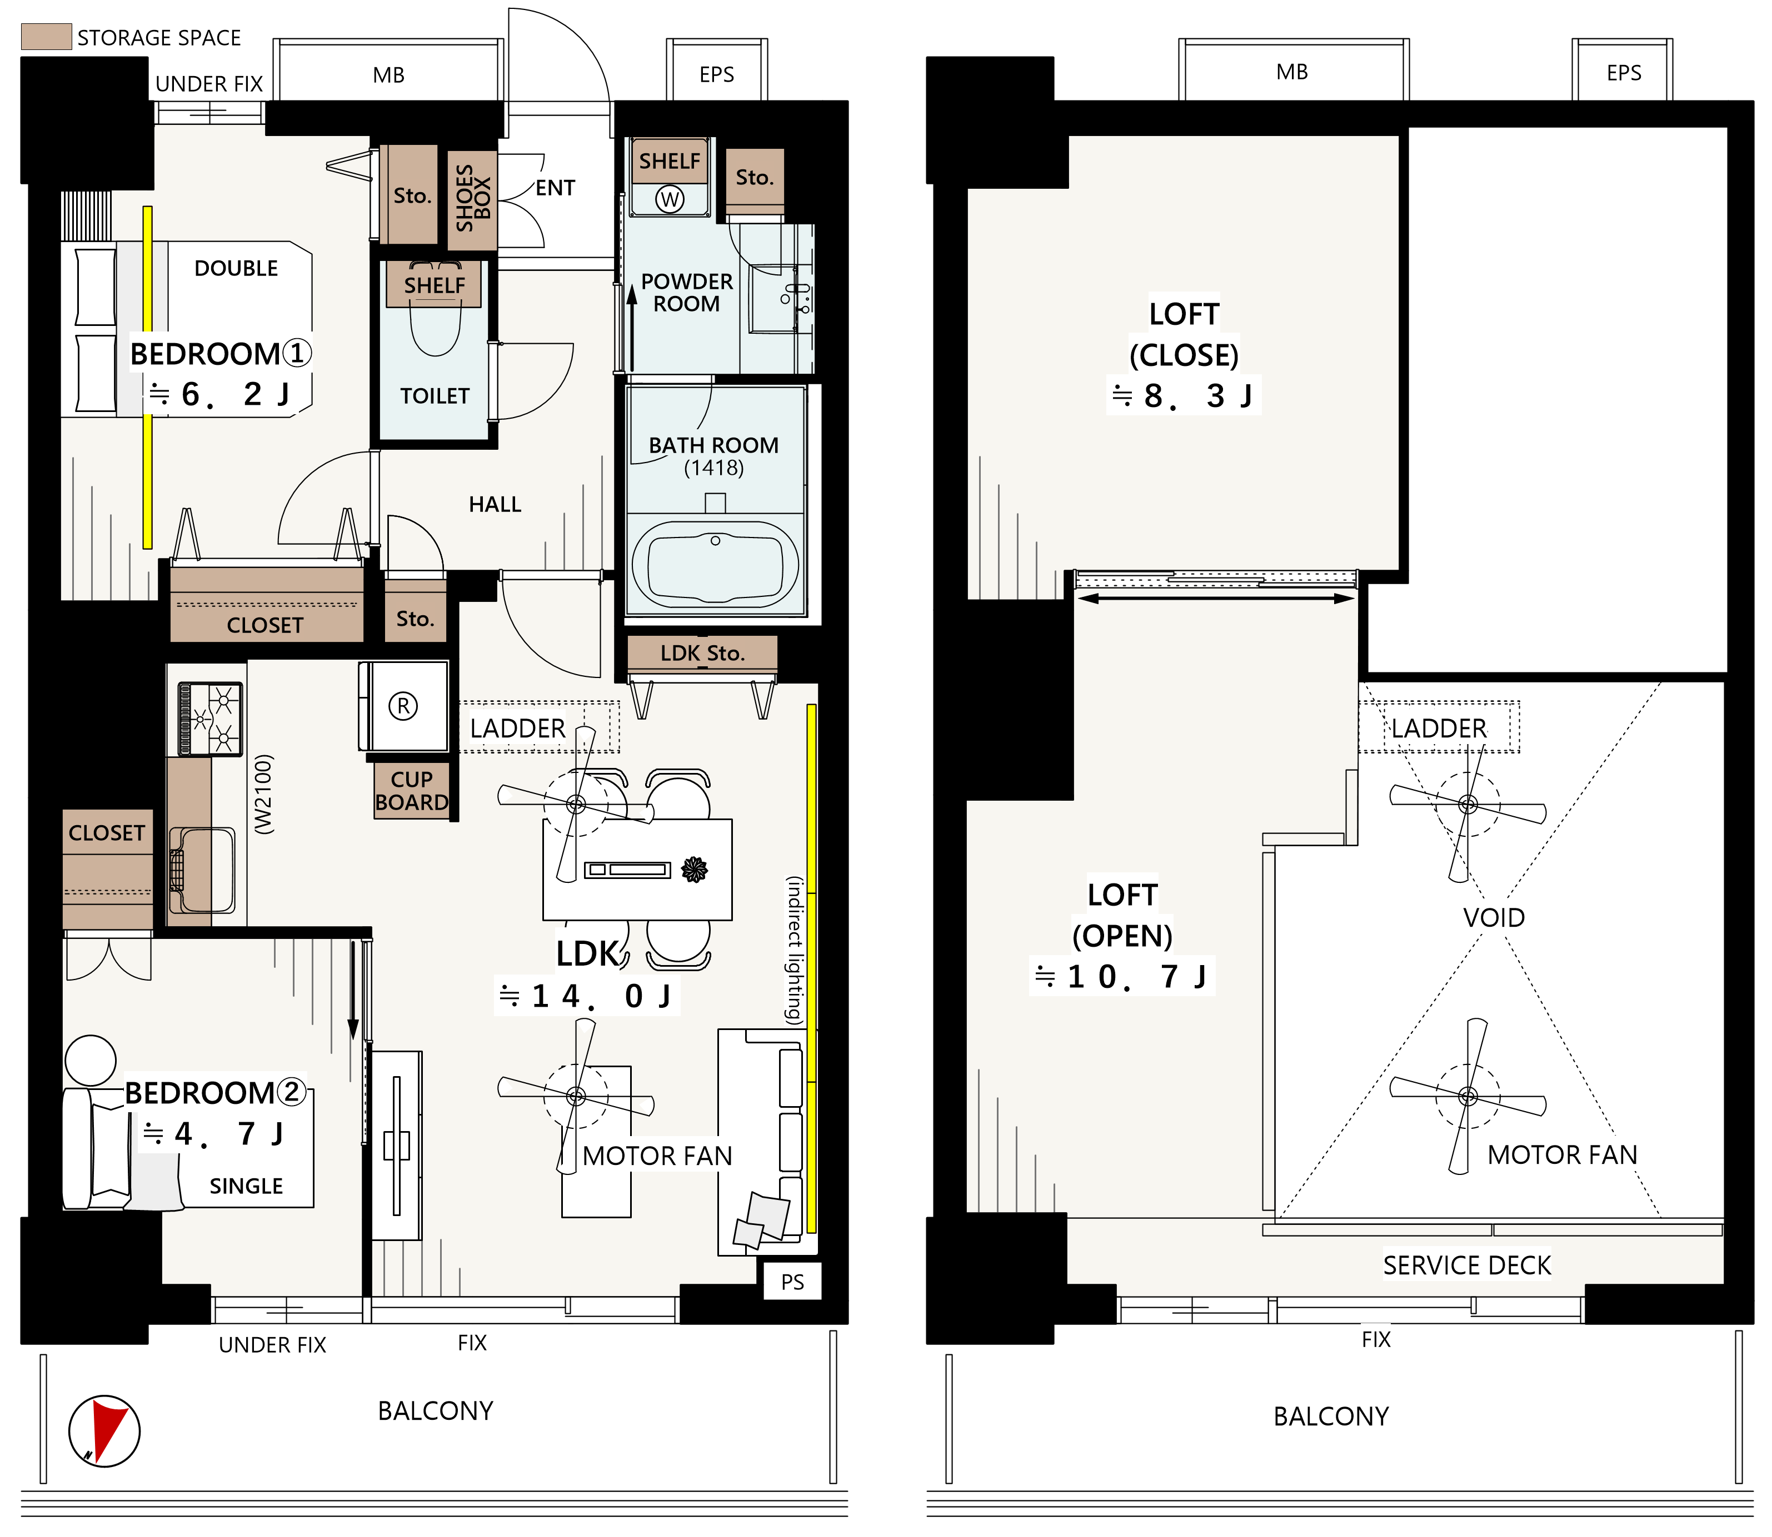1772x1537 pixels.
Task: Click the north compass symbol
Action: [x=104, y=1430]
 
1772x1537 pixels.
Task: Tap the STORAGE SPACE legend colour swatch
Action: [x=46, y=37]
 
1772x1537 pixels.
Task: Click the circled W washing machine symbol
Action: [x=670, y=199]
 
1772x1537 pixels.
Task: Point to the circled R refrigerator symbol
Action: [x=403, y=706]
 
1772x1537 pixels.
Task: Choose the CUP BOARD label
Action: [x=412, y=791]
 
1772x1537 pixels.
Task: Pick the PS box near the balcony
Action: [x=792, y=1282]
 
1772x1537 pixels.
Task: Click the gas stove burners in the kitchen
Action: [x=210, y=718]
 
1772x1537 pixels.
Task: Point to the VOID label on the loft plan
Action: [x=1494, y=918]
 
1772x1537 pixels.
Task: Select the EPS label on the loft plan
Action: [x=1624, y=73]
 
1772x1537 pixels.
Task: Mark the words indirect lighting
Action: [x=795, y=950]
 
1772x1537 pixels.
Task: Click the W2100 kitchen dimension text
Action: [x=263, y=794]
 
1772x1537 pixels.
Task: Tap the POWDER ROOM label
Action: [x=686, y=293]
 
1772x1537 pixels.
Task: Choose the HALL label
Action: [x=495, y=504]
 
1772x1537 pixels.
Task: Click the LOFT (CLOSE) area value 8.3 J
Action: [x=1184, y=395]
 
